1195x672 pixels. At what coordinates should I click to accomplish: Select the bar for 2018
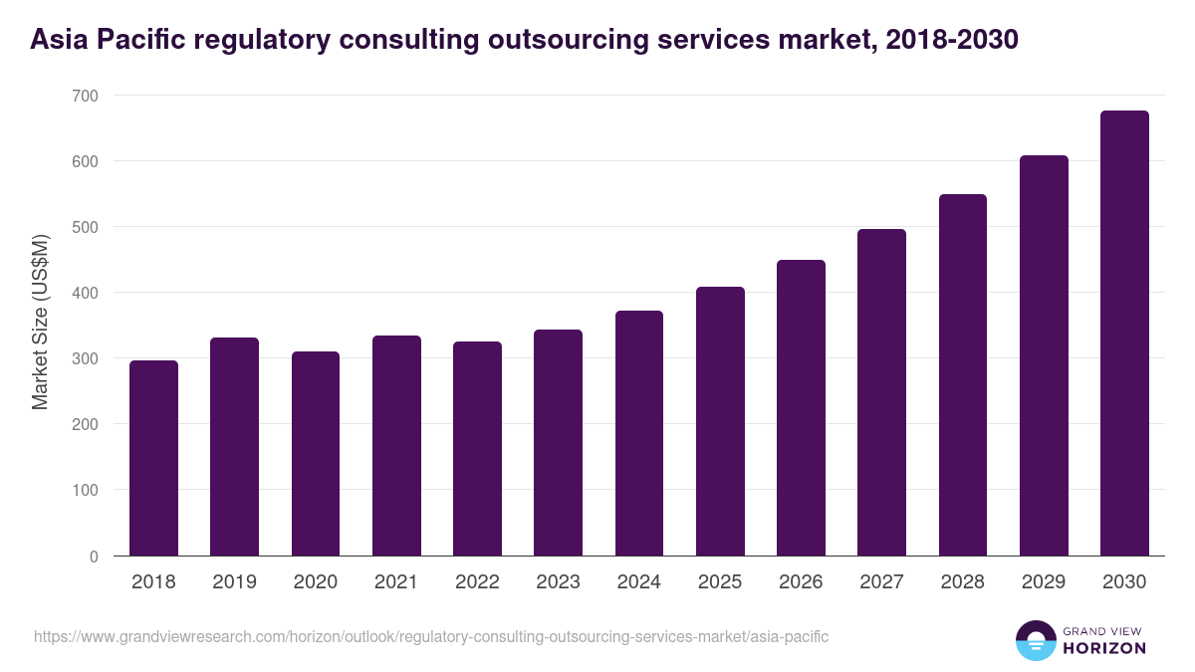coord(153,458)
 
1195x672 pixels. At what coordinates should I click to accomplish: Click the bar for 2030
coord(1124,334)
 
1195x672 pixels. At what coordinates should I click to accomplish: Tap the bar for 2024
coord(639,433)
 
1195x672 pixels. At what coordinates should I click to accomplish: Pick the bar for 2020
coord(316,454)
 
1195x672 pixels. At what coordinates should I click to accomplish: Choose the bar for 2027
coord(881,392)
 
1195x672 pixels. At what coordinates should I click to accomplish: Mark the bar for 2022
coord(477,449)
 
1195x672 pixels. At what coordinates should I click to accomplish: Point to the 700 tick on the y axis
coord(86,96)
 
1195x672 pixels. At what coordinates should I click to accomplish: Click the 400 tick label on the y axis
coord(86,293)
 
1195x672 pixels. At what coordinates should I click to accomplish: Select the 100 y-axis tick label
coord(86,490)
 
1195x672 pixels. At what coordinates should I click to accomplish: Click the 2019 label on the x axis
coord(234,582)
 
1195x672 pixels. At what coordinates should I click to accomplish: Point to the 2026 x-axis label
coord(801,582)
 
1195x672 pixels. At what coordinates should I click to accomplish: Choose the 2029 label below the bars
coord(1044,582)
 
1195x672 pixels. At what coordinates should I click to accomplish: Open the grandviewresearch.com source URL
coord(431,636)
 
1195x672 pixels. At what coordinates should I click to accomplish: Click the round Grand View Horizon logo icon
coord(1035,640)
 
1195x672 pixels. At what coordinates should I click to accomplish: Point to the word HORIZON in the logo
coord(1103,648)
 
